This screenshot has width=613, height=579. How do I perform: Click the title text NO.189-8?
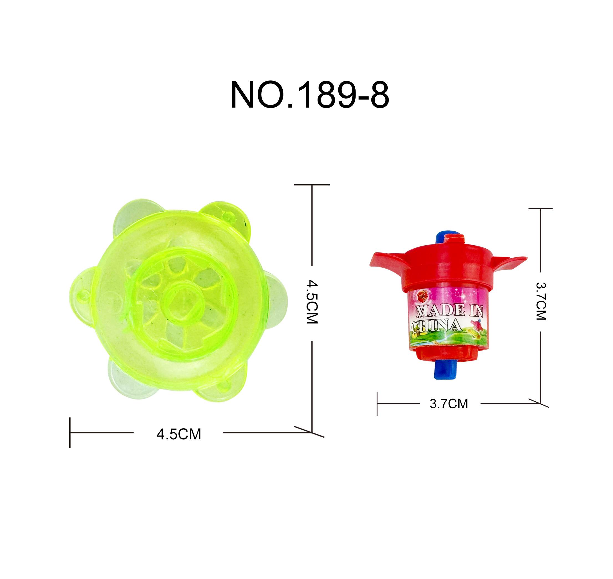tap(310, 95)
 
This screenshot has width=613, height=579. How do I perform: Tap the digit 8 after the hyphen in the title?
tap(380, 95)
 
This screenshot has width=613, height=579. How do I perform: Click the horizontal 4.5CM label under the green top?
tap(179, 435)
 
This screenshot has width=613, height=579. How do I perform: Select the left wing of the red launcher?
tap(388, 262)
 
